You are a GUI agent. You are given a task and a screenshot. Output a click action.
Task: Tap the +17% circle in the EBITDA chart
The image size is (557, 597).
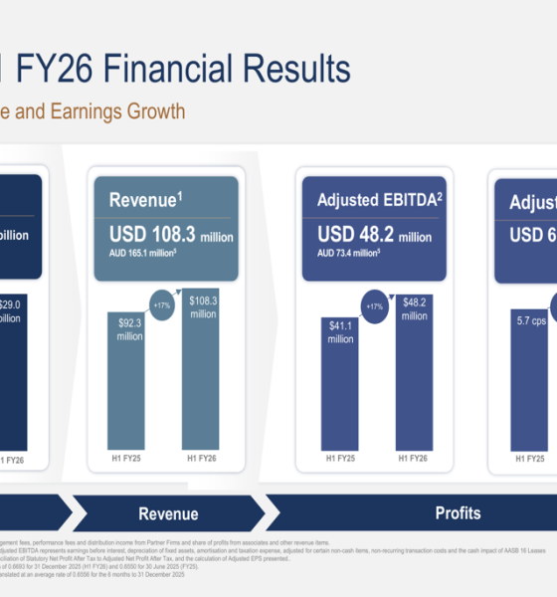click(375, 306)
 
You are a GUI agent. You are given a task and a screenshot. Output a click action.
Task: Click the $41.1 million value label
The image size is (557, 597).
click(340, 332)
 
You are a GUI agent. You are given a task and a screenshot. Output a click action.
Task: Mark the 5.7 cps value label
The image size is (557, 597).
click(530, 321)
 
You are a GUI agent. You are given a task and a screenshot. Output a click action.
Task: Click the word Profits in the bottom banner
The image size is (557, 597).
click(458, 513)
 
